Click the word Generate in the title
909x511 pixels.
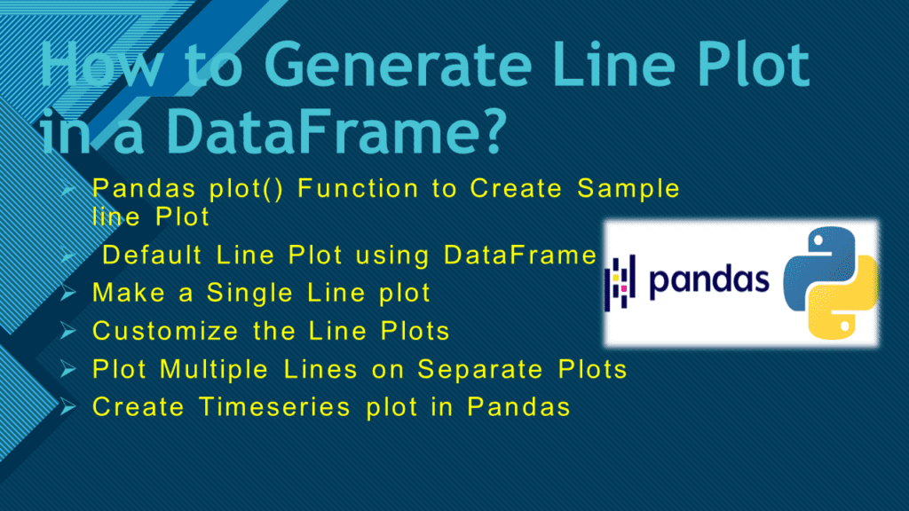pyautogui.click(x=398, y=65)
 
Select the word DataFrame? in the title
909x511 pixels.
pyautogui.click(x=336, y=131)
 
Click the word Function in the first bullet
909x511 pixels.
pyautogui.click(x=358, y=188)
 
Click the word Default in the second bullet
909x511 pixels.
pyautogui.click(x=152, y=255)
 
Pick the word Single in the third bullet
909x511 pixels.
pyautogui.click(x=249, y=293)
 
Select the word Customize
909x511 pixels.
pyautogui.click(x=165, y=332)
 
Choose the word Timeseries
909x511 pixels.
pyautogui.click(x=275, y=406)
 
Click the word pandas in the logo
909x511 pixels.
pyautogui.click(x=708, y=281)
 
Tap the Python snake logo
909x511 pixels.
pyautogui.click(x=830, y=283)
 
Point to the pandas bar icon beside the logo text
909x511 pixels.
pyautogui.click(x=620, y=283)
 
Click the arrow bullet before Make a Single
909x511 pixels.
pyautogui.click(x=67, y=293)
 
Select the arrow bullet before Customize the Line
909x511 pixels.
pyautogui.click(x=67, y=332)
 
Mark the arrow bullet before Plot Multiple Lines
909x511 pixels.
pyautogui.click(x=67, y=369)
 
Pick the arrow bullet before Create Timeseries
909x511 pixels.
pyautogui.click(x=67, y=406)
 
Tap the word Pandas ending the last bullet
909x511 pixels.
pyautogui.click(x=518, y=406)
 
